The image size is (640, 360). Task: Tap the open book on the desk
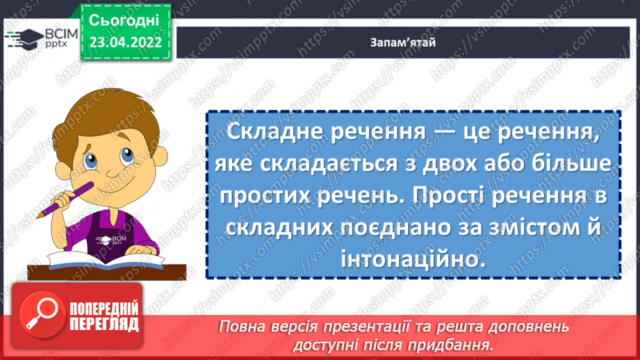[90, 263]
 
